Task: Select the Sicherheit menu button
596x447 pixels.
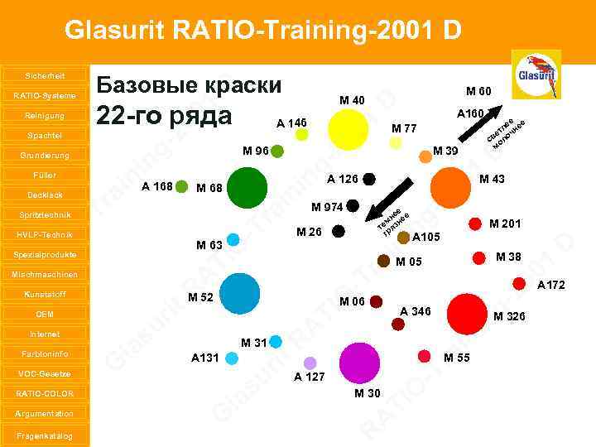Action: (45, 75)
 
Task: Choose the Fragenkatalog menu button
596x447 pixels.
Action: (45, 435)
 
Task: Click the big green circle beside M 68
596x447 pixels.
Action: (247, 188)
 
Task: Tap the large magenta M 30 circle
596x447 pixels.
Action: (359, 363)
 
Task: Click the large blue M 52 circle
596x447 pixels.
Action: (240, 294)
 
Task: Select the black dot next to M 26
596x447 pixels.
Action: (339, 233)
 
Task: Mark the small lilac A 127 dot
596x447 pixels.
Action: (310, 363)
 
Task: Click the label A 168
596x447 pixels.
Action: (157, 185)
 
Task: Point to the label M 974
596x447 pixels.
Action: (327, 206)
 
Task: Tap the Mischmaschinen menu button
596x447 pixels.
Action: (45, 274)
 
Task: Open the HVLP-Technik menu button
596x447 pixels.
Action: (45, 234)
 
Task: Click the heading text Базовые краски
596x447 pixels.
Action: (190, 85)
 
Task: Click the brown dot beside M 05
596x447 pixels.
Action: (383, 261)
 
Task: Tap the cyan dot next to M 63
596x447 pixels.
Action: (233, 239)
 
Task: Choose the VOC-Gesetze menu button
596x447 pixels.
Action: (45, 373)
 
